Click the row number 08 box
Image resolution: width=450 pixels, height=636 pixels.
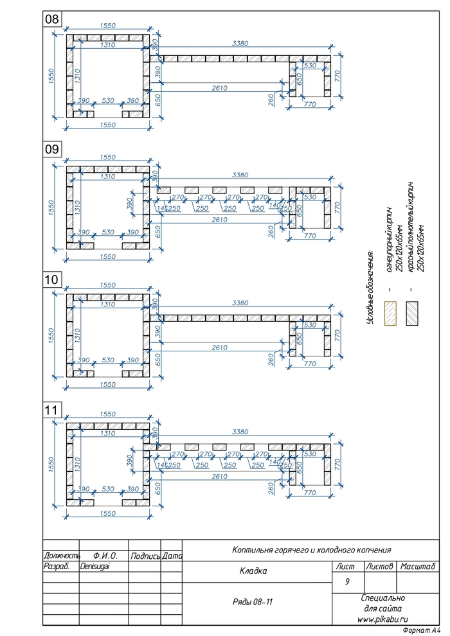[x=51, y=20]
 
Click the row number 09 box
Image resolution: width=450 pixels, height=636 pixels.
[x=51, y=149]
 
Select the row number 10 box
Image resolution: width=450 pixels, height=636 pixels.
[x=51, y=279]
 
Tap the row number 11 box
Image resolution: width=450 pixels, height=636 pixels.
[x=51, y=409]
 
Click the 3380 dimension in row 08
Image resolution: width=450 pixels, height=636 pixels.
[x=241, y=44]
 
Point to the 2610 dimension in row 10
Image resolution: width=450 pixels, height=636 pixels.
[x=219, y=348]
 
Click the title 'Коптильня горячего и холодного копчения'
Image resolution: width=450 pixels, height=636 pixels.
[x=311, y=550]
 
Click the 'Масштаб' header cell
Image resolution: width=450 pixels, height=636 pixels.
[x=417, y=567]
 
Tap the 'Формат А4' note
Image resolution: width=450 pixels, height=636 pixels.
[x=421, y=631]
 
